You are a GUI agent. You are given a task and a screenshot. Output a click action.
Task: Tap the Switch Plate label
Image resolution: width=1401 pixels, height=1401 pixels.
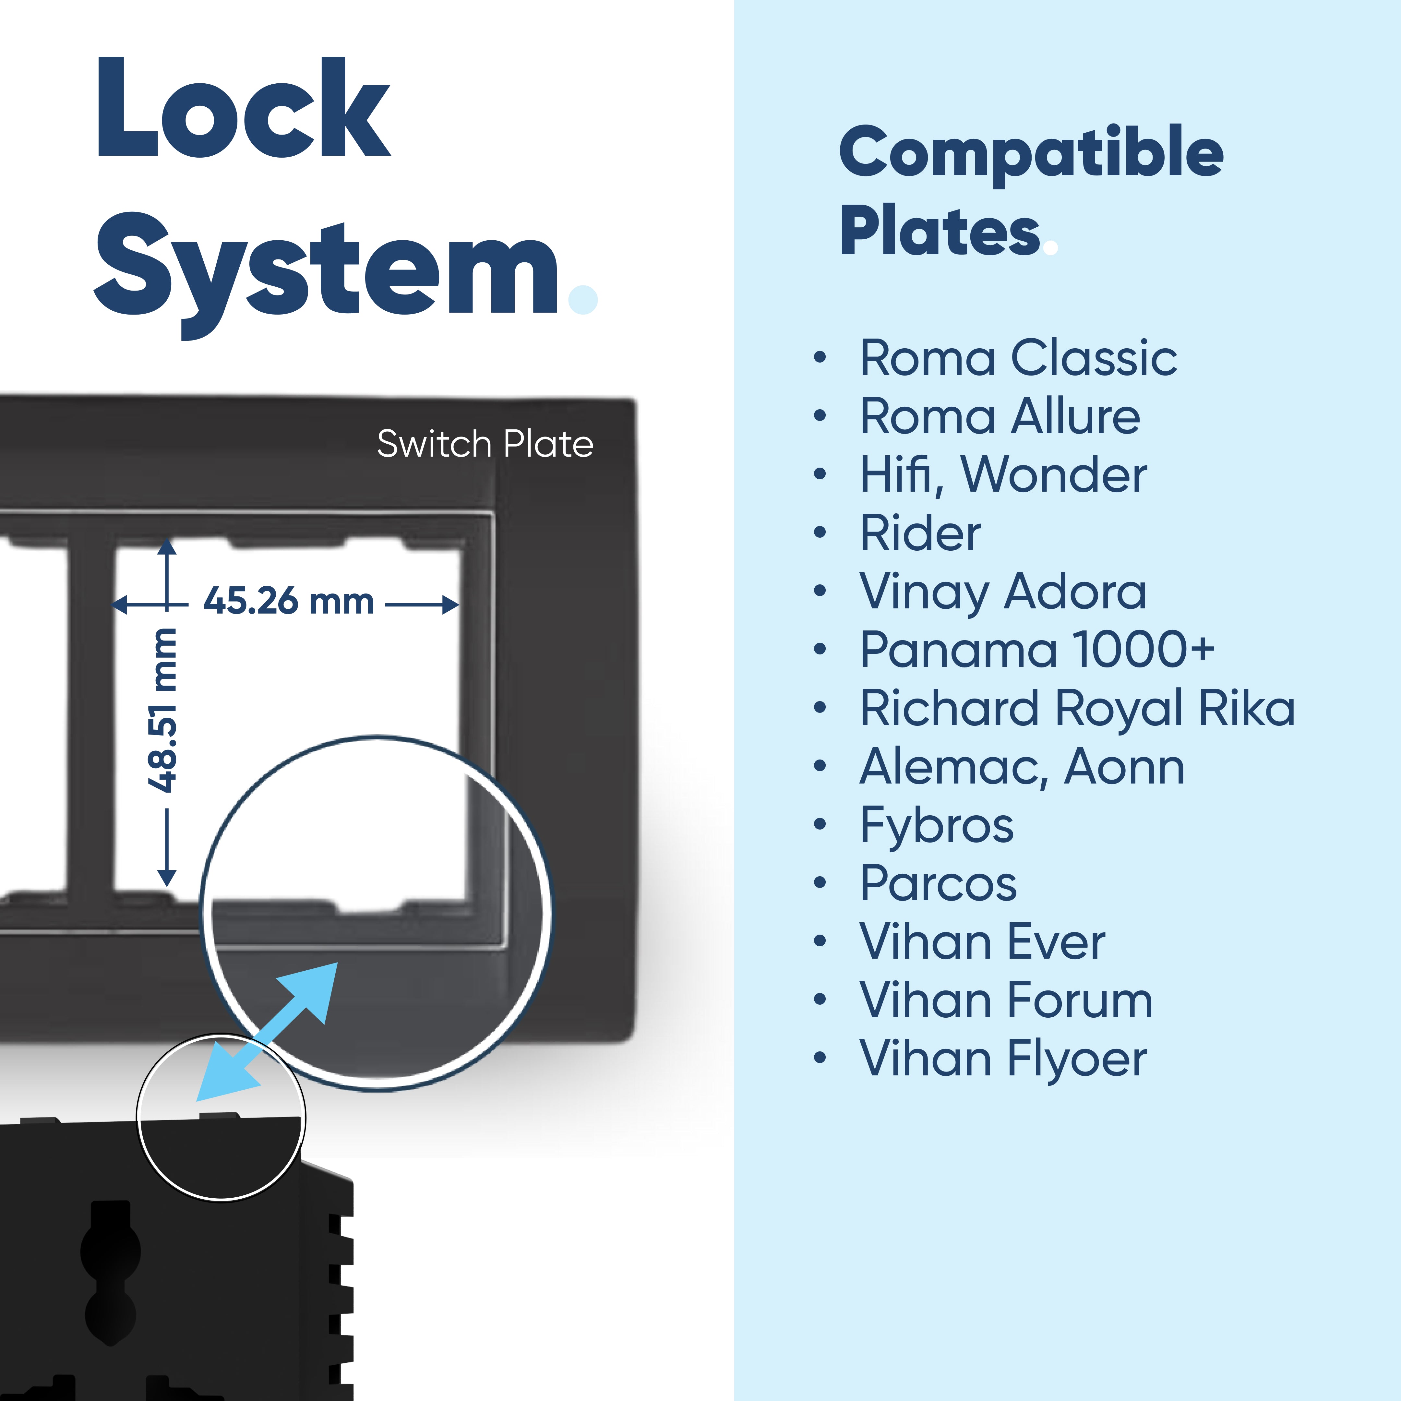(x=485, y=444)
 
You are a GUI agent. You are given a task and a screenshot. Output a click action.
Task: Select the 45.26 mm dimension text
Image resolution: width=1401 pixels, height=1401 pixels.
(x=289, y=601)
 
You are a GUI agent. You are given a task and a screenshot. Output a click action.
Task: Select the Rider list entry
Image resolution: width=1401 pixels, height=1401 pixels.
(x=919, y=533)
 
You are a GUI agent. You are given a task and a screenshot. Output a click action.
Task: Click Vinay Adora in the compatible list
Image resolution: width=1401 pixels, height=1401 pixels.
(x=1002, y=592)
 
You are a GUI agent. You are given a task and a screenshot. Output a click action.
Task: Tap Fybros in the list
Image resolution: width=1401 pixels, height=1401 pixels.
(x=936, y=825)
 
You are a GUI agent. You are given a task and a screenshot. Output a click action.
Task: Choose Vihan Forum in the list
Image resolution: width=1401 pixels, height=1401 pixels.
(x=1005, y=1001)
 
